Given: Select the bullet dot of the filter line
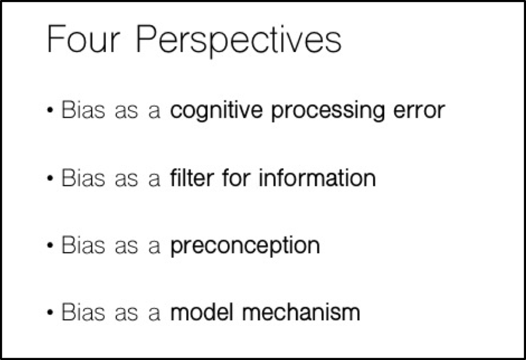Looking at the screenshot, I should [x=51, y=179].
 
